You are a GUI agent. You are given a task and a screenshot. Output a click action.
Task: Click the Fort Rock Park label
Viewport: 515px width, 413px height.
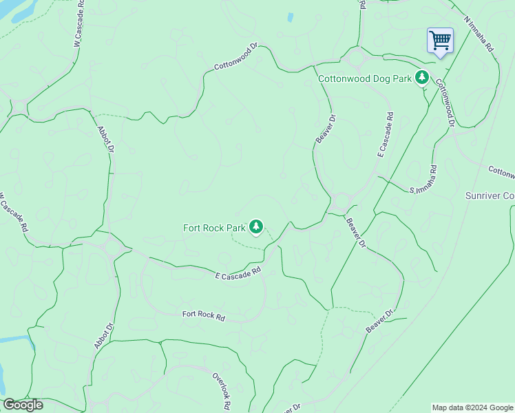[214, 228]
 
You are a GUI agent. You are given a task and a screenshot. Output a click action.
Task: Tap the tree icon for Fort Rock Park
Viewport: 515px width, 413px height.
[256, 226]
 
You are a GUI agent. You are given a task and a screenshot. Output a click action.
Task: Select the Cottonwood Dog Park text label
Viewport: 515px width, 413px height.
[364, 78]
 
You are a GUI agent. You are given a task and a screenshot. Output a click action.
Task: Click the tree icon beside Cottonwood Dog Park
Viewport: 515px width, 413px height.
[421, 78]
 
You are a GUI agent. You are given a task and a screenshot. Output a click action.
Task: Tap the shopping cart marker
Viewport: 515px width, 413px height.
[440, 40]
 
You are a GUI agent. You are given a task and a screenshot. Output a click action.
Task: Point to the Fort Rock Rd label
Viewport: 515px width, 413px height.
[204, 316]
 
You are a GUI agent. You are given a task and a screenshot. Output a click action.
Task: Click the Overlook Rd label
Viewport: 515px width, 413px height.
[220, 390]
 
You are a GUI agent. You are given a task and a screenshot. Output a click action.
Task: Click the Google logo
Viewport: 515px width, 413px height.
[23, 405]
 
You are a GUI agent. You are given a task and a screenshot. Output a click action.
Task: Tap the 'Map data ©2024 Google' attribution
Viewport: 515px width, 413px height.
[472, 407]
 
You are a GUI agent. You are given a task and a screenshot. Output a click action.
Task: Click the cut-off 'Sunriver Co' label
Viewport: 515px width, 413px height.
[490, 196]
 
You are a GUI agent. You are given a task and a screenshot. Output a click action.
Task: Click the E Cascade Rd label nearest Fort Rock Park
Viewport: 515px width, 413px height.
[239, 273]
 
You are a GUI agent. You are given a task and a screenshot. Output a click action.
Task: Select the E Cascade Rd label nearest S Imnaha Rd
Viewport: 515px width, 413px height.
[385, 135]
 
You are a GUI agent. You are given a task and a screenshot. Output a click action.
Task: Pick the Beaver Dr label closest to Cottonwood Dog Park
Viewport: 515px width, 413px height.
[326, 129]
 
